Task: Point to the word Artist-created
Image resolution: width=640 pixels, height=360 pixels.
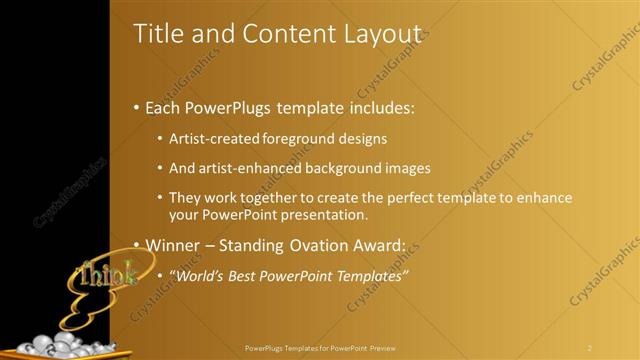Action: click(x=214, y=139)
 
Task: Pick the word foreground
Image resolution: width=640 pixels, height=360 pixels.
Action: click(x=301, y=139)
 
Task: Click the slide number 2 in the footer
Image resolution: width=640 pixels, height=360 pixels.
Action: click(x=589, y=348)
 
